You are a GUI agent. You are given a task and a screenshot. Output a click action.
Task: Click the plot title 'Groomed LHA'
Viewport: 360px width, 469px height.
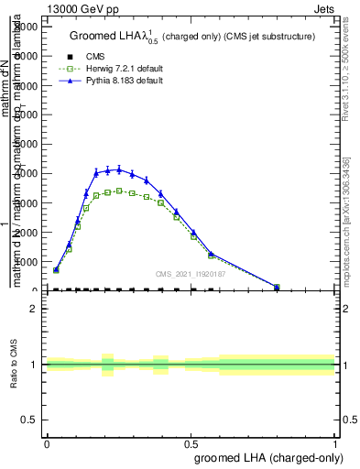[x=109, y=37]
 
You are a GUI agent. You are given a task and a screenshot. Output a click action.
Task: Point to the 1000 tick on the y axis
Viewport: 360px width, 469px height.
[x=27, y=261]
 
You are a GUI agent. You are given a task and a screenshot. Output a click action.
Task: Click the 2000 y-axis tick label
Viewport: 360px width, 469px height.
[x=27, y=232]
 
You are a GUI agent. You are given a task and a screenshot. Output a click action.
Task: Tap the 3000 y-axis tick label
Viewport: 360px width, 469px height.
[x=27, y=202]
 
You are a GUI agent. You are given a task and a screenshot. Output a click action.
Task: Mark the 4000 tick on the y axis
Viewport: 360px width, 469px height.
[x=27, y=173]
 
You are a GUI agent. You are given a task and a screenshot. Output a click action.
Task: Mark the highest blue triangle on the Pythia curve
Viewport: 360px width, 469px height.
[x=118, y=169]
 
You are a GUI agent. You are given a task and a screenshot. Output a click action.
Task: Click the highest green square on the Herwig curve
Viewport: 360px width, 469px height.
[x=118, y=191]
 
